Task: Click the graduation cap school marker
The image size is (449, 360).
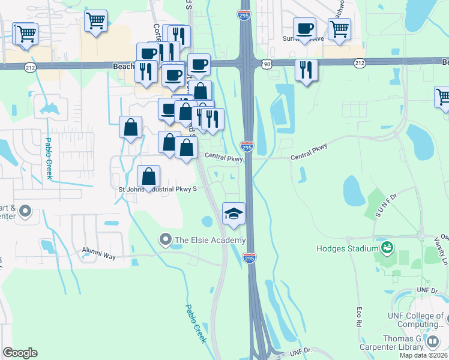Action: click(x=234, y=213)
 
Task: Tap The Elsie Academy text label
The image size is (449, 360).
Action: click(x=210, y=241)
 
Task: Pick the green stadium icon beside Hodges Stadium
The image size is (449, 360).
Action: click(x=388, y=247)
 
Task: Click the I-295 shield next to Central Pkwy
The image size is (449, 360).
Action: click(x=247, y=146)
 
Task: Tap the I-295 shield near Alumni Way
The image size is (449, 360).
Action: click(x=250, y=258)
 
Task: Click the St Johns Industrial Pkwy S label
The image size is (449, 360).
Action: click(x=158, y=190)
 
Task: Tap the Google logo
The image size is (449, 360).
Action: click(x=20, y=353)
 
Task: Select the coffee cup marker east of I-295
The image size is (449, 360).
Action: click(x=304, y=28)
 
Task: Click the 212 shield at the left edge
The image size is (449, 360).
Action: click(x=30, y=68)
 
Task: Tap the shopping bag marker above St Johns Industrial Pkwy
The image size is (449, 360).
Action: click(x=149, y=176)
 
